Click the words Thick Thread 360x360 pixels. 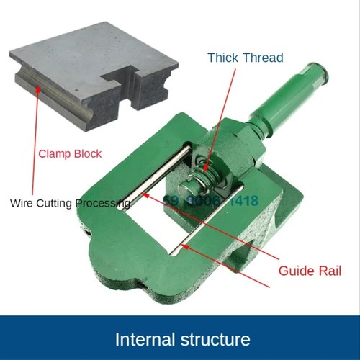(246, 58)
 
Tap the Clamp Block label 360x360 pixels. (70, 153)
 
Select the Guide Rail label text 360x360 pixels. (310, 271)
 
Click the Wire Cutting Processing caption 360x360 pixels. (71, 203)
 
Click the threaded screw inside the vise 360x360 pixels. (209, 170)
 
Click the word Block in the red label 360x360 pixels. (86, 153)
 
